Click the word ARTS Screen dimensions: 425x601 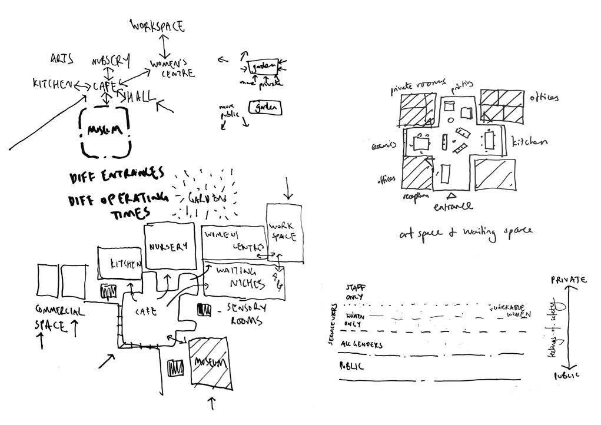pyautogui.click(x=62, y=58)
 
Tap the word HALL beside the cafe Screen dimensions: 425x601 pyautogui.click(x=138, y=97)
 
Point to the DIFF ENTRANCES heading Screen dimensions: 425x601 pyautogui.click(x=116, y=175)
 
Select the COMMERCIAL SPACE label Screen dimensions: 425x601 pyautogui.click(x=60, y=317)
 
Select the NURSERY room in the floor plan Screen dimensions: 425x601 pyautogui.click(x=170, y=246)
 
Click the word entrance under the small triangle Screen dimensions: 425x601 pyautogui.click(x=453, y=207)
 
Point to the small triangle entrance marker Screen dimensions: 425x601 pyautogui.click(x=451, y=195)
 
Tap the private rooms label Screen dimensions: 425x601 pyautogui.click(x=418, y=87)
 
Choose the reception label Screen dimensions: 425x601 pyautogui.click(x=416, y=196)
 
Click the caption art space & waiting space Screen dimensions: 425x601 pyautogui.click(x=466, y=232)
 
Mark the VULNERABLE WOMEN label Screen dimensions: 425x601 pyautogui.click(x=509, y=311)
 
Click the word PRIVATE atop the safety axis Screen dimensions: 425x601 pyautogui.click(x=569, y=280)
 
